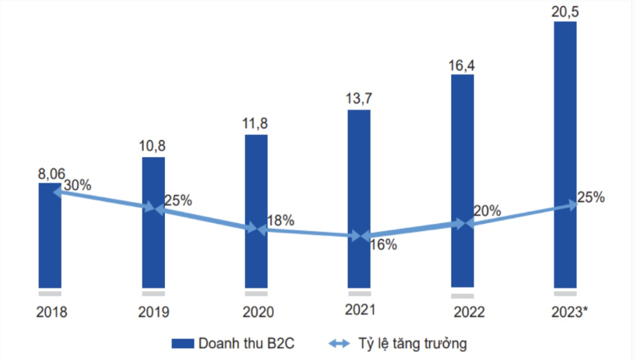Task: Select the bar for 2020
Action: pyautogui.click(x=256, y=211)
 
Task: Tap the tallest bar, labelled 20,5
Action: pyautogui.click(x=565, y=154)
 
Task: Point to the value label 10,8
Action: pyautogui.click(x=154, y=147)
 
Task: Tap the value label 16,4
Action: pyautogui.click(x=462, y=65)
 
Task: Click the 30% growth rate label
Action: pyautogui.click(x=77, y=186)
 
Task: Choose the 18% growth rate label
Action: pyautogui.click(x=279, y=220)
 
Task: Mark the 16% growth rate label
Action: pyautogui.click(x=383, y=245)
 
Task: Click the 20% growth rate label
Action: pyautogui.click(x=486, y=211)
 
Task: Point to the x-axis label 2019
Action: pyautogui.click(x=154, y=312)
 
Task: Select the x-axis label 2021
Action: pyautogui.click(x=360, y=309)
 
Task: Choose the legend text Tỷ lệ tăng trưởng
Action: pyautogui.click(x=410, y=343)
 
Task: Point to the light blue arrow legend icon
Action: pyautogui.click(x=340, y=343)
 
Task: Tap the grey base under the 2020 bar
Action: pyautogui.click(x=256, y=293)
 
